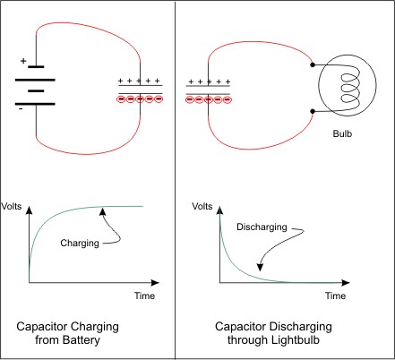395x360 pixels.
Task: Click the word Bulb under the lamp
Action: point(342,133)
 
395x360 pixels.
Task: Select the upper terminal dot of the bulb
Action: point(313,64)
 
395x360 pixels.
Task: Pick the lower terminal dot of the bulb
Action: point(313,111)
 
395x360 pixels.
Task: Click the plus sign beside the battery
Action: point(23,61)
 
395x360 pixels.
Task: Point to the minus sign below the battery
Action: point(21,109)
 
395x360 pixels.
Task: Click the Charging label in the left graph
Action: point(80,244)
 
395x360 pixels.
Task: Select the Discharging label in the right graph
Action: point(262,227)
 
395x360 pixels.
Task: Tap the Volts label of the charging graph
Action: point(12,206)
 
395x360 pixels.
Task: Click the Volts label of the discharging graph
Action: point(202,206)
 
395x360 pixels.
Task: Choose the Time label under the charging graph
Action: point(144,296)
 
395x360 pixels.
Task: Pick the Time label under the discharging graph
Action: point(335,296)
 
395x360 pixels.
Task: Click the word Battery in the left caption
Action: point(82,340)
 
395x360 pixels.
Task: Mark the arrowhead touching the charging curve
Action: point(103,211)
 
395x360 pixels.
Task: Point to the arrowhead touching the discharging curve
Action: point(261,267)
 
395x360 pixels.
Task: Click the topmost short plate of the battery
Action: point(36,67)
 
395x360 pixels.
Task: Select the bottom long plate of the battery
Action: point(35,104)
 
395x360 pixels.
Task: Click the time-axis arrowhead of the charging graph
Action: point(155,282)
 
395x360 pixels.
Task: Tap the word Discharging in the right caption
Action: point(301,327)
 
